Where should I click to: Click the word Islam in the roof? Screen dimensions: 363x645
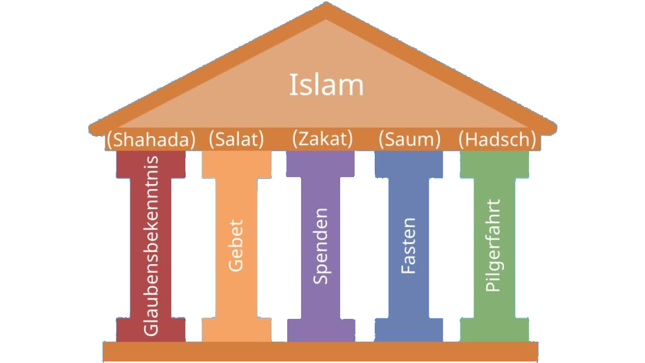[x=326, y=85]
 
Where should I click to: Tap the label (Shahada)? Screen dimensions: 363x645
[x=151, y=139]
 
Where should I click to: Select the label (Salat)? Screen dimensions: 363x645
[x=236, y=139]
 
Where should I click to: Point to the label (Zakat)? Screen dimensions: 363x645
[x=322, y=138]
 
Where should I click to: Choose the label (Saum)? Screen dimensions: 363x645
[x=409, y=139]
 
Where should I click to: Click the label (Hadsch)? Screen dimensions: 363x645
[x=497, y=139]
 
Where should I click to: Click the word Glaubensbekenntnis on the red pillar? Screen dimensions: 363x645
[x=151, y=246]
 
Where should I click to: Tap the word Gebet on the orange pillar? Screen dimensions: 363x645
[x=236, y=246]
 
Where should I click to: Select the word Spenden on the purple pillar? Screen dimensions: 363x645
[x=321, y=246]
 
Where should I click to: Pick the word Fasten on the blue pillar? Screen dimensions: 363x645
[x=408, y=246]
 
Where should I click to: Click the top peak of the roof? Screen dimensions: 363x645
[x=326, y=8]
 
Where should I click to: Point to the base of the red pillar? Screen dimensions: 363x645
[x=151, y=330]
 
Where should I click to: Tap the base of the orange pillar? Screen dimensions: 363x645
[x=236, y=330]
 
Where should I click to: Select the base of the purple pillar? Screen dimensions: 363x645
[x=321, y=330]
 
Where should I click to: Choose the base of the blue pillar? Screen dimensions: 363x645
[x=408, y=330]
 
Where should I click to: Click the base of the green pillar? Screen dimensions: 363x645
[x=494, y=330]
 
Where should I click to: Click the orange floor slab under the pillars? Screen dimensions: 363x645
[x=321, y=351]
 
